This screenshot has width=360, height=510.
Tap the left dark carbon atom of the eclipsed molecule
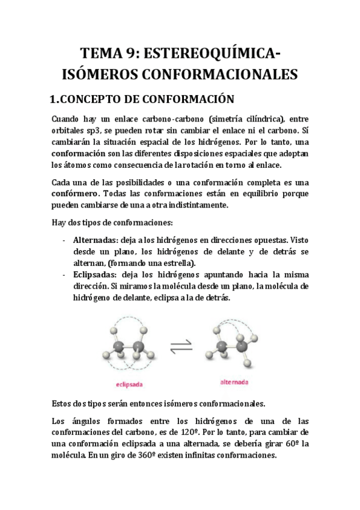pyautogui.click(x=120, y=347)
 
